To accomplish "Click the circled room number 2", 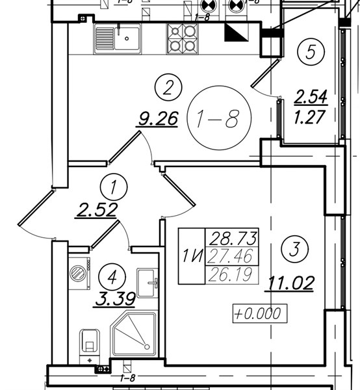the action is (x=168, y=87).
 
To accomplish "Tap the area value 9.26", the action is (x=158, y=119).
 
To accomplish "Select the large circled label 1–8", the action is (x=219, y=118).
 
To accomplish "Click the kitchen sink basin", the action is (x=127, y=38).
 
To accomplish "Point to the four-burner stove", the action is (x=183, y=38).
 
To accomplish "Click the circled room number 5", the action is (x=311, y=52).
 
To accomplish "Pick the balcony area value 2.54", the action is (x=311, y=97).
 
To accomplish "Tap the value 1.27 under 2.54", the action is (x=309, y=116).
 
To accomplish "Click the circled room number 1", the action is (x=114, y=187).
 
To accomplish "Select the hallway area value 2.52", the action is (x=96, y=210).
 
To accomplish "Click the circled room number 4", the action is (x=112, y=277).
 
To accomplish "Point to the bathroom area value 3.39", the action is (x=115, y=299).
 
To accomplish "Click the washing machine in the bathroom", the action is (x=79, y=274).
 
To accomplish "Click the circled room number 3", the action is (x=294, y=249).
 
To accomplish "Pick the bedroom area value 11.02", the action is (x=290, y=283).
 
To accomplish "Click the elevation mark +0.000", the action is (x=260, y=313).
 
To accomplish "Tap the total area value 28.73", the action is (x=233, y=238).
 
